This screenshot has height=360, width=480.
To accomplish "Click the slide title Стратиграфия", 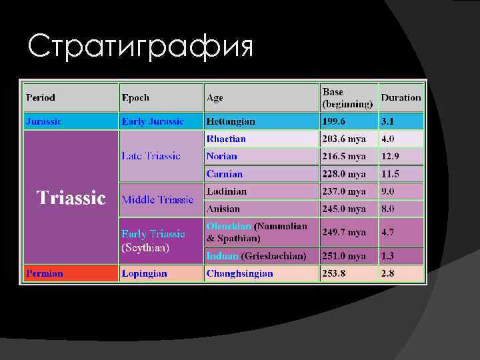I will [141, 47].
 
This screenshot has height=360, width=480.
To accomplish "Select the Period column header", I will [41, 97].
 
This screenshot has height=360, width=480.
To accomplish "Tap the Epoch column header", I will [135, 97].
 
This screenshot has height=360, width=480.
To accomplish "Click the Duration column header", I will [401, 97].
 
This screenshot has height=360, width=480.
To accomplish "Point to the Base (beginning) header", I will [347, 97].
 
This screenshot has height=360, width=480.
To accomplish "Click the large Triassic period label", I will [71, 198].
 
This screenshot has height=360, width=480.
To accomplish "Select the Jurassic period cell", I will [44, 122].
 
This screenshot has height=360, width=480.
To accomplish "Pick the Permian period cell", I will [45, 273].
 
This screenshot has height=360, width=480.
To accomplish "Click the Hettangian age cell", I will [231, 122].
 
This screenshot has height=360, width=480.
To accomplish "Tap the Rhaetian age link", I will [226, 139].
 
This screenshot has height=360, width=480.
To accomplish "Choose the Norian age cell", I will [222, 156].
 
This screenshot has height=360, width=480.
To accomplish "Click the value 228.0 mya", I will [344, 174].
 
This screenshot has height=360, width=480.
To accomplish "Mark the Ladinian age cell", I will [227, 191].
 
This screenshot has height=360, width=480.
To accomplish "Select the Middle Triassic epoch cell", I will [157, 199].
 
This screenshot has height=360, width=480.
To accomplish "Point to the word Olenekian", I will [229, 227].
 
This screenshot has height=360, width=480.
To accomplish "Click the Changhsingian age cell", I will [240, 273].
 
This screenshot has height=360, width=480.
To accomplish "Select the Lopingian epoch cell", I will [144, 273].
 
